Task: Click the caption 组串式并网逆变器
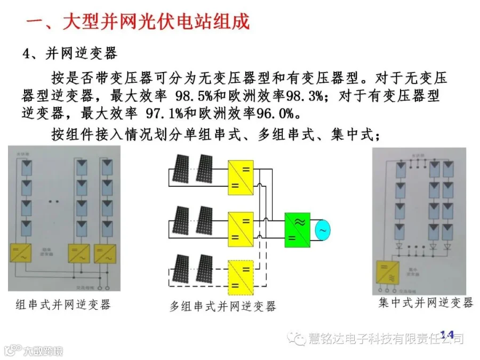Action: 63,305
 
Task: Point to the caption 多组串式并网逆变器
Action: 223,306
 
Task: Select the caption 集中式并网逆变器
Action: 425,303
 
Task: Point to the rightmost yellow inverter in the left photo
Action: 105,254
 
